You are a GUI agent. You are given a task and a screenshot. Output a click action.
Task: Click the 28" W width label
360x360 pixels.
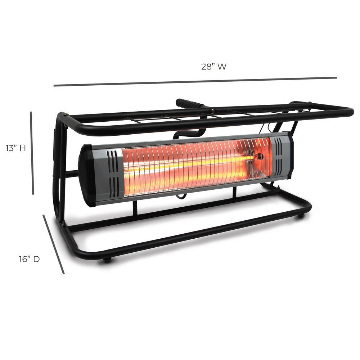point(213,67)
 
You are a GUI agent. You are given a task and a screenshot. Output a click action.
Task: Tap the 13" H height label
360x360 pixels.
point(15,148)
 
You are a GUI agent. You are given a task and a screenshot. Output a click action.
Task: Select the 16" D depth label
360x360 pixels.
point(29,259)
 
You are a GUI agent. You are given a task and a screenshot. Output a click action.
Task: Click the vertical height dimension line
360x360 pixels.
point(32,153)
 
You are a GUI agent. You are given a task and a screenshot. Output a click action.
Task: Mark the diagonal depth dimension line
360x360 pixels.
point(54,244)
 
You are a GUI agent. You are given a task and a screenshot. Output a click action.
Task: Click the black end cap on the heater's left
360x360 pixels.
point(86,176)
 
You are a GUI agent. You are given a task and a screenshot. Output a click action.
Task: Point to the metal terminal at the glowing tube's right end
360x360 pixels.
point(259,157)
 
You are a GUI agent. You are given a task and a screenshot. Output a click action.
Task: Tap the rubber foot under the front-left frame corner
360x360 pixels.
point(107,260)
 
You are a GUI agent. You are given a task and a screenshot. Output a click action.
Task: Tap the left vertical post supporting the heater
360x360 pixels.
point(135,208)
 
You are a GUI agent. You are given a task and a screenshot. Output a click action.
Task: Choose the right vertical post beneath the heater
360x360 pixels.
point(234,192)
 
